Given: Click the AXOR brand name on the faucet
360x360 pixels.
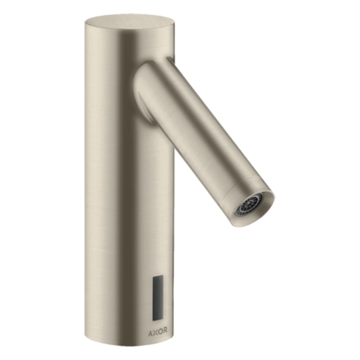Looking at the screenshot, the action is [157, 330].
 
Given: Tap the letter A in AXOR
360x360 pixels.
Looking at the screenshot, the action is [150, 330].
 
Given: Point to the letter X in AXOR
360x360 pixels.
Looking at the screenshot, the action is [155, 330].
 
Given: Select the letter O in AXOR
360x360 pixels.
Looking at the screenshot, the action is [160, 330].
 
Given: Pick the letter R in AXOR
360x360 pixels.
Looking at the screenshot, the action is [165, 330].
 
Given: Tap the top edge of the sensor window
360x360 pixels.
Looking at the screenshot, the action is [158, 276].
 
